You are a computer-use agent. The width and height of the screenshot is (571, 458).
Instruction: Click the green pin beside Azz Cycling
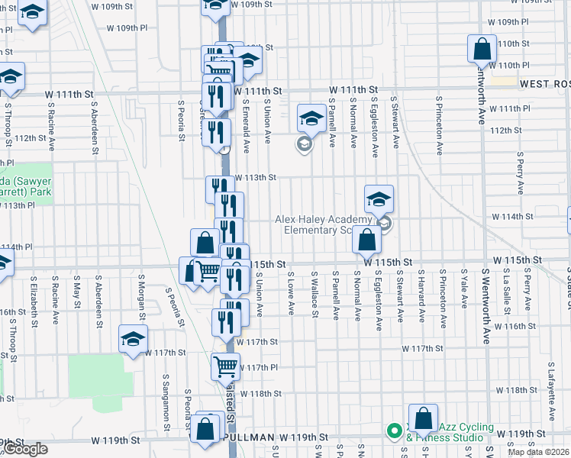(394, 431)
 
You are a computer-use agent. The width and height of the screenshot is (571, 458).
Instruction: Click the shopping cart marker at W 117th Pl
(225, 367)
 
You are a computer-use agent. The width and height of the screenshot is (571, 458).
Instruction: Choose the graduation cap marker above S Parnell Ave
(311, 118)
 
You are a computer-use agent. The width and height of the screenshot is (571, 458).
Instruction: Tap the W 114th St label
(512, 217)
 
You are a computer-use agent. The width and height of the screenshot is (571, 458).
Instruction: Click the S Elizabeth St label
(35, 302)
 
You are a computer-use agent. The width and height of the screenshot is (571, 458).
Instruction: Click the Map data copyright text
(538, 452)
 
